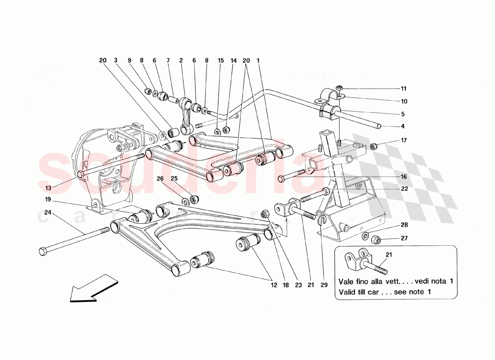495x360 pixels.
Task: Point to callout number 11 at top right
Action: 403,89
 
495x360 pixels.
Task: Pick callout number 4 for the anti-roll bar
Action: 403,126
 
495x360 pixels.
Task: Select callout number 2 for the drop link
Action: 181,60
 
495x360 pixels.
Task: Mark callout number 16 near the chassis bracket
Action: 403,177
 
